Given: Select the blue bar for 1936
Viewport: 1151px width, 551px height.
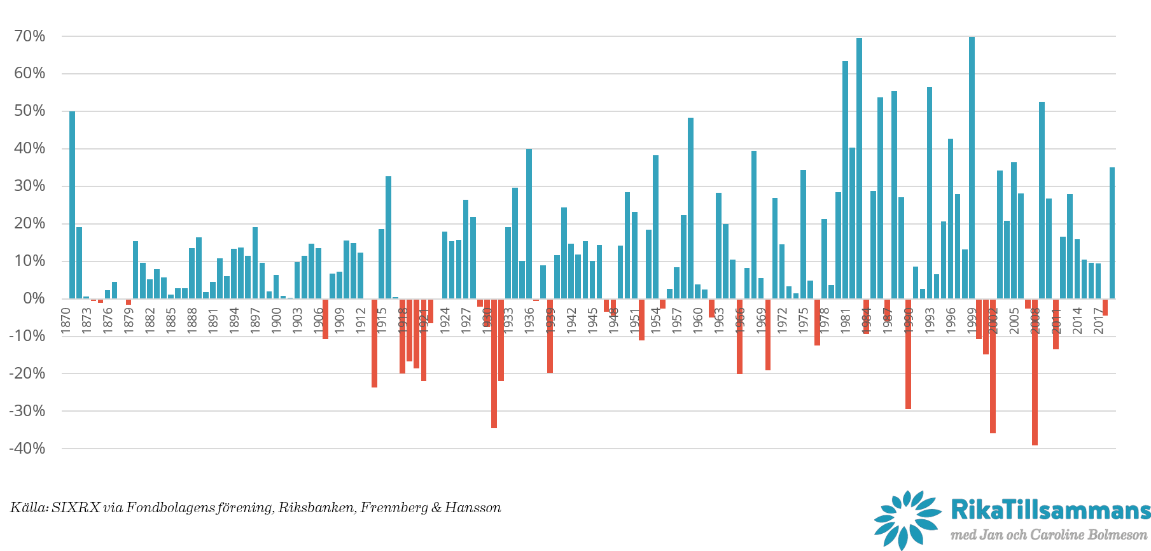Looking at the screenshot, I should [529, 223].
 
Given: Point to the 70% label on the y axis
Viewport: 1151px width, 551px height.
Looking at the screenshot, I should [30, 36].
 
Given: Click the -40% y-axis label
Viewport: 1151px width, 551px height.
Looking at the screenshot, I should [27, 449].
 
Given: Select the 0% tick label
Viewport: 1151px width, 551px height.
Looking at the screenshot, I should [34, 298].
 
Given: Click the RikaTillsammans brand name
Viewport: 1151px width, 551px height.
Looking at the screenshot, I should [1050, 510].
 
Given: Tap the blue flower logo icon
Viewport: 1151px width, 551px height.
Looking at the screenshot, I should [907, 519].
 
